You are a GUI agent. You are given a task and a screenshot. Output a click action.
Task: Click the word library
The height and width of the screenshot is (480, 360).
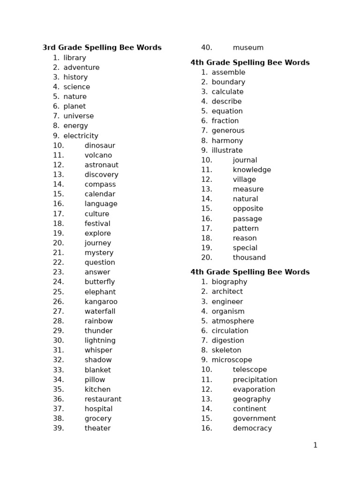75,58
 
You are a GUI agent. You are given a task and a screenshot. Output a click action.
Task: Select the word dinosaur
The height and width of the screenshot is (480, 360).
99,145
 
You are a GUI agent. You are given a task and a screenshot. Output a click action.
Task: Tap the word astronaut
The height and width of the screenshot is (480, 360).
101,165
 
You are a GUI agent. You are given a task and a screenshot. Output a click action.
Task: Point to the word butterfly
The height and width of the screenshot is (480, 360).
99,282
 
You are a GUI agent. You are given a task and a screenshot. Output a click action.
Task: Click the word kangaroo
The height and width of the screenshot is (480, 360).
101,301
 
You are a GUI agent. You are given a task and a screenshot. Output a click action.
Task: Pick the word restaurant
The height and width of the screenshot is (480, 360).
103,399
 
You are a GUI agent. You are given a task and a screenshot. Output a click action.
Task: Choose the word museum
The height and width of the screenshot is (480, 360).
248,47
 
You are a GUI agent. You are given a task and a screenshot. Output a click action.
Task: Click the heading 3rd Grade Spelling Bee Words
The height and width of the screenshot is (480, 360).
102,47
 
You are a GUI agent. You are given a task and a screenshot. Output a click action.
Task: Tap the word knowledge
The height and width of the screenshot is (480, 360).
252,170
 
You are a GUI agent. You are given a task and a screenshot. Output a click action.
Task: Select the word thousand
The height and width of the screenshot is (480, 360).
249,257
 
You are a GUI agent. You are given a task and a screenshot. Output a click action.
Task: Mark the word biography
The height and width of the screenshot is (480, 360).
229,282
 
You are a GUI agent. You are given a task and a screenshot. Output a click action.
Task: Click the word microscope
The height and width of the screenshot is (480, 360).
232,360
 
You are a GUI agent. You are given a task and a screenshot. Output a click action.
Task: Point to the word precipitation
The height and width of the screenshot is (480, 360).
255,380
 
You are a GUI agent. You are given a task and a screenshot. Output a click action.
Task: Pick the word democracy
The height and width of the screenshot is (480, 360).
252,428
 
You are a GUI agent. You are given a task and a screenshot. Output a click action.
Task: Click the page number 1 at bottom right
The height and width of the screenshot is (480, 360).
315,445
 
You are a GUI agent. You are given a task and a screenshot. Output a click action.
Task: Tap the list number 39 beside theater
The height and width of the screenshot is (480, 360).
58,428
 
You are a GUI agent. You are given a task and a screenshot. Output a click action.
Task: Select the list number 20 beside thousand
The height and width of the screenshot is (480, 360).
206,257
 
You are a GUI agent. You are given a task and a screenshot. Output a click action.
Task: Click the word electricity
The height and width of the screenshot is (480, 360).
81,136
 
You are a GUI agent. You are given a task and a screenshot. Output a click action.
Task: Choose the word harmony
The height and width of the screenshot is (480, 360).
227,141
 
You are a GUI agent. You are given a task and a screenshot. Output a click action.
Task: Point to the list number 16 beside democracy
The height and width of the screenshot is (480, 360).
206,428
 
